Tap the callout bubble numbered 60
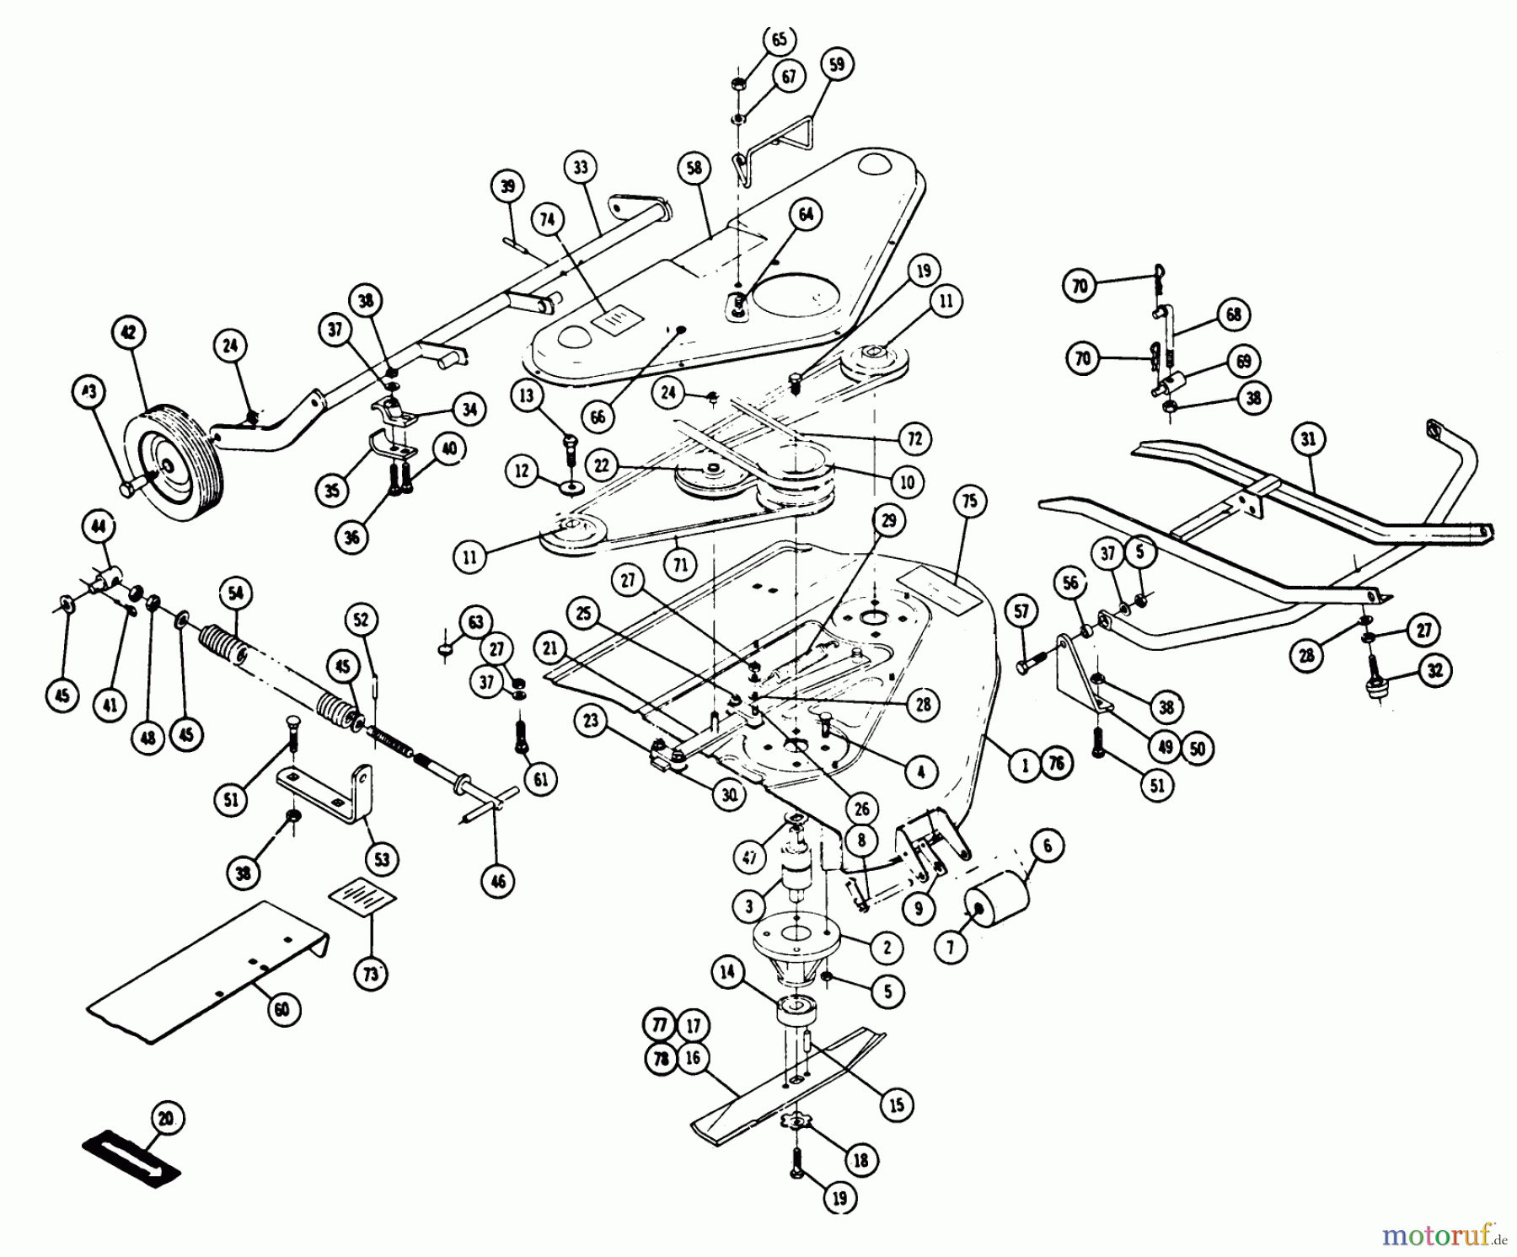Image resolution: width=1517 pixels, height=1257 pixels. coord(282,1010)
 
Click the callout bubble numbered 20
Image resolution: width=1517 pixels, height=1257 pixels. coord(165,1119)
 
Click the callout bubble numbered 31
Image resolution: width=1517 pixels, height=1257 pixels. coord(1308,439)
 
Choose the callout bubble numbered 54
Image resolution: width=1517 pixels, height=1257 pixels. coord(235,594)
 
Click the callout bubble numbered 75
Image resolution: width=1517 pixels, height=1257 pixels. coord(969,502)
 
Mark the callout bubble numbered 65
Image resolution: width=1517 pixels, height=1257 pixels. coord(778,40)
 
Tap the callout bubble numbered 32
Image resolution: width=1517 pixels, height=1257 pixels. coord(1434,671)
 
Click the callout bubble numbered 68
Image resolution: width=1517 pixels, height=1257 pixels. coord(1233,315)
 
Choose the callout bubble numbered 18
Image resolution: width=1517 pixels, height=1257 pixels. coord(860,1160)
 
